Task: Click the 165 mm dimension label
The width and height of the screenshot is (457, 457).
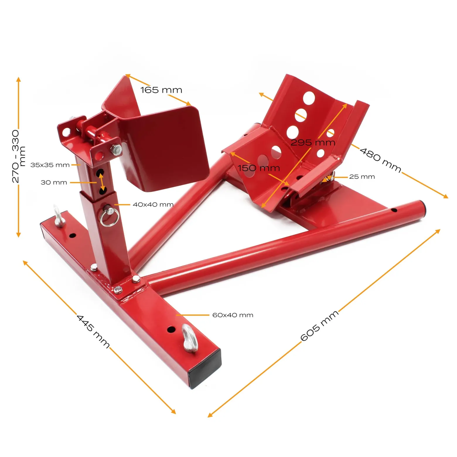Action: point(161,90)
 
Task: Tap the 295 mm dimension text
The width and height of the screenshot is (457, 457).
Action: point(313,142)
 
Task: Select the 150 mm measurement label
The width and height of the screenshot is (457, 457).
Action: point(259,168)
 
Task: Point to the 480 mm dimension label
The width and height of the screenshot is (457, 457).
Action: point(380,160)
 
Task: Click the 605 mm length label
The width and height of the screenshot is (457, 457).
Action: point(320,325)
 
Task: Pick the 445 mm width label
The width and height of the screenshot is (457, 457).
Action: point(93,331)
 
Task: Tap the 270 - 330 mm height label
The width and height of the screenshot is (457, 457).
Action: point(18,156)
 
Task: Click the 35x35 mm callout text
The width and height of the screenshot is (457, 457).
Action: point(50,165)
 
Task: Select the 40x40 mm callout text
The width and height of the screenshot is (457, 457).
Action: point(153,204)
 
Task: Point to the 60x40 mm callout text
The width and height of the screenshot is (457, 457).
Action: point(233,315)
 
